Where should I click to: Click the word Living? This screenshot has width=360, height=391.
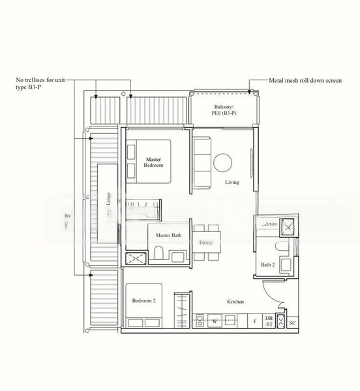pos(232,182)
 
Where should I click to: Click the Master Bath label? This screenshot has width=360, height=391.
pos(169,235)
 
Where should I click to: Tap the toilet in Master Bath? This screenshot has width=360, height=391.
pos(158,255)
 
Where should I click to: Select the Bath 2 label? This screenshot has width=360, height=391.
pos(267,265)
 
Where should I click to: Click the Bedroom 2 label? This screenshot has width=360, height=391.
pos(144,300)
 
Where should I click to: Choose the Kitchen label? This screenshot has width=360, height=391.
pos(235,302)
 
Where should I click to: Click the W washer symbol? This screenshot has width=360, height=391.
pos(214,321)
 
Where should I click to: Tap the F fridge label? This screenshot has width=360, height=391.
pos(254,322)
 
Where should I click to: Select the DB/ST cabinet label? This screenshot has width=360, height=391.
pos(268,321)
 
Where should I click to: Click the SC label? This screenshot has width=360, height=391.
pos(292,322)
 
